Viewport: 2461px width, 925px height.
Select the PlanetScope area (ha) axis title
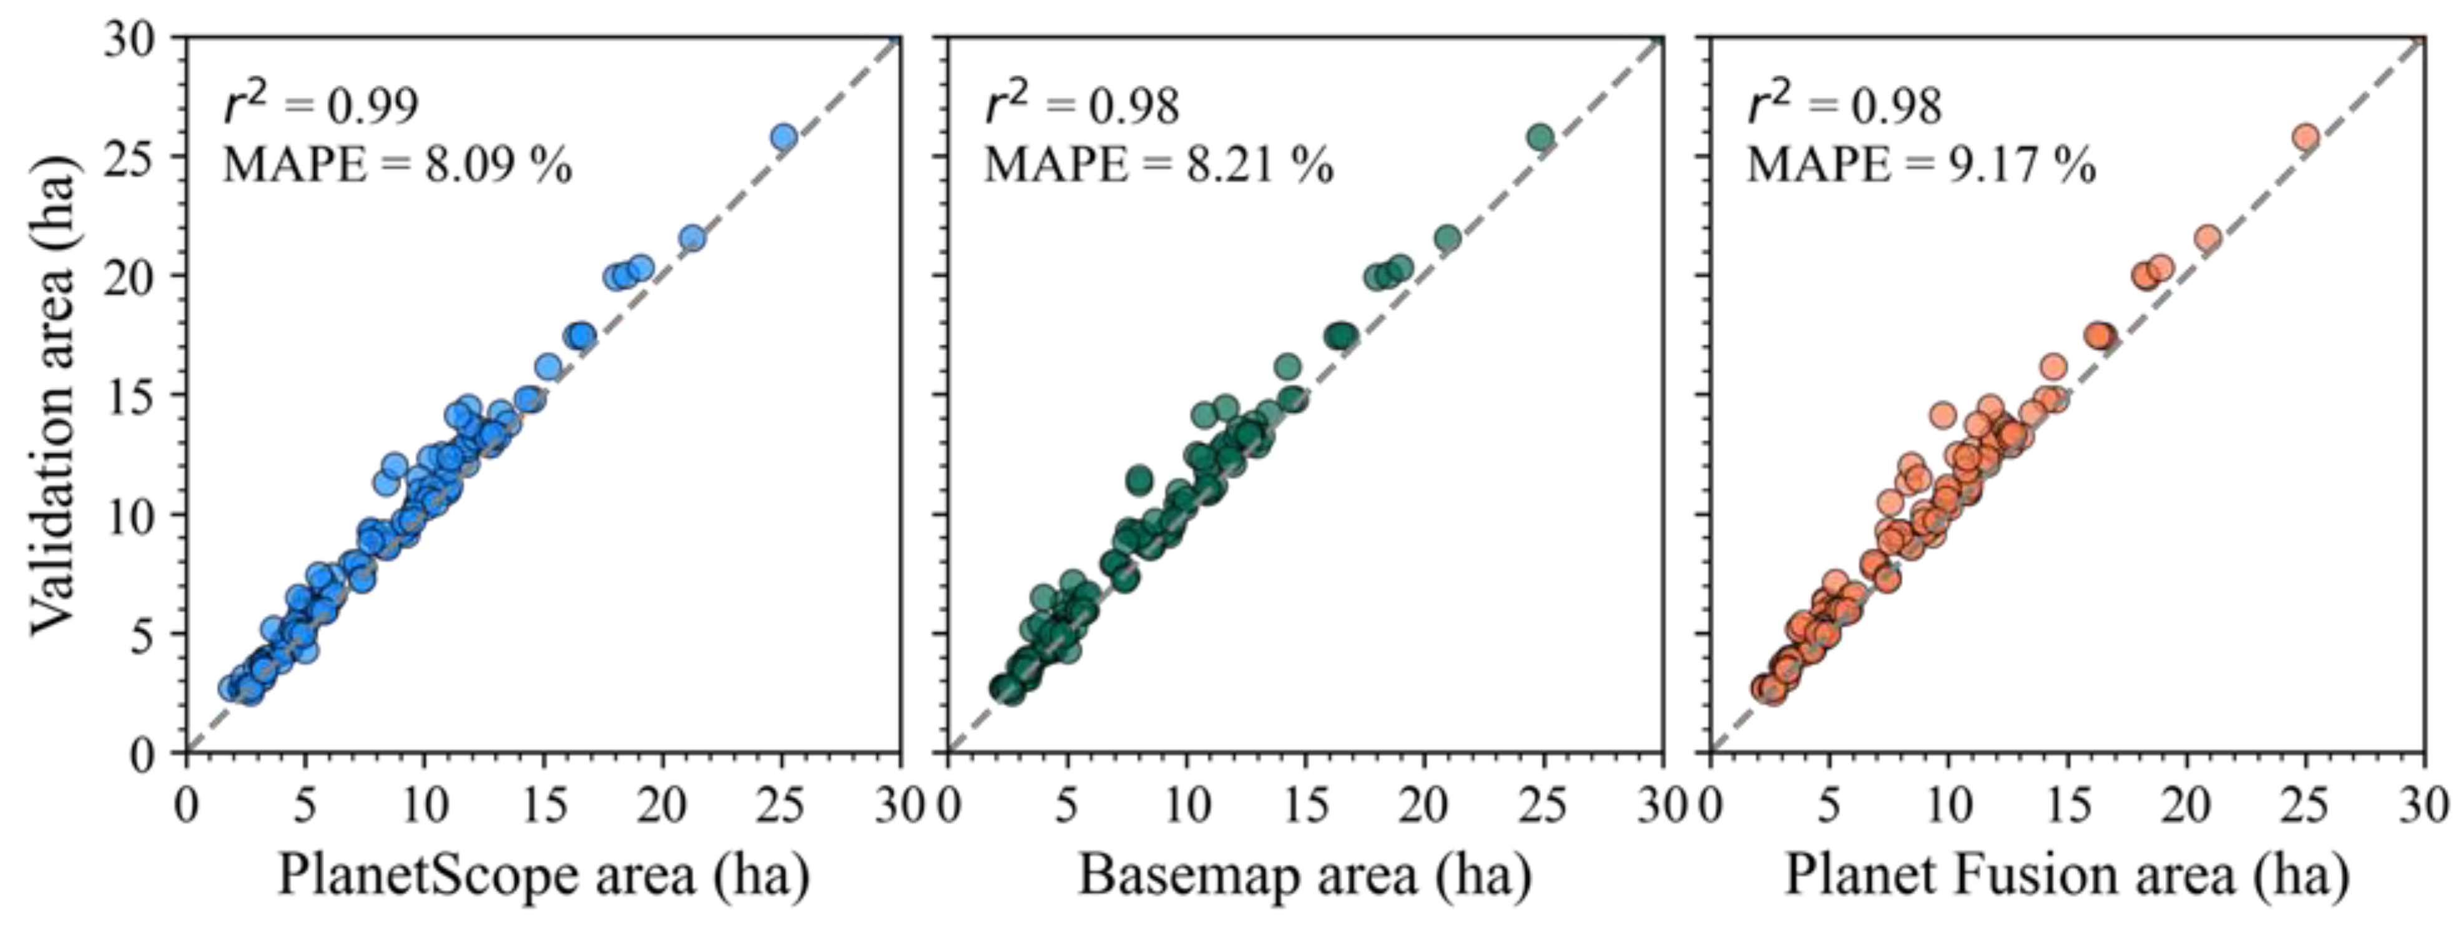(x=543, y=874)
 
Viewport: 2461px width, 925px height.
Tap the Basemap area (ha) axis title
(x=1304, y=874)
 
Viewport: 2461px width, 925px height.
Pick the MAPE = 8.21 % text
(x=1158, y=166)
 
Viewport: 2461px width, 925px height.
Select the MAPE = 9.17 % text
(x=1920, y=166)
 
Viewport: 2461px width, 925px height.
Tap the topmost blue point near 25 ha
(x=783, y=137)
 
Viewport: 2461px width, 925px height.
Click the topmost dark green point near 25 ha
(x=1540, y=137)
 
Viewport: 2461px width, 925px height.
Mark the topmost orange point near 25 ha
(x=2306, y=137)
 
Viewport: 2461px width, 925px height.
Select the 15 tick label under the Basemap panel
(x=1305, y=806)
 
